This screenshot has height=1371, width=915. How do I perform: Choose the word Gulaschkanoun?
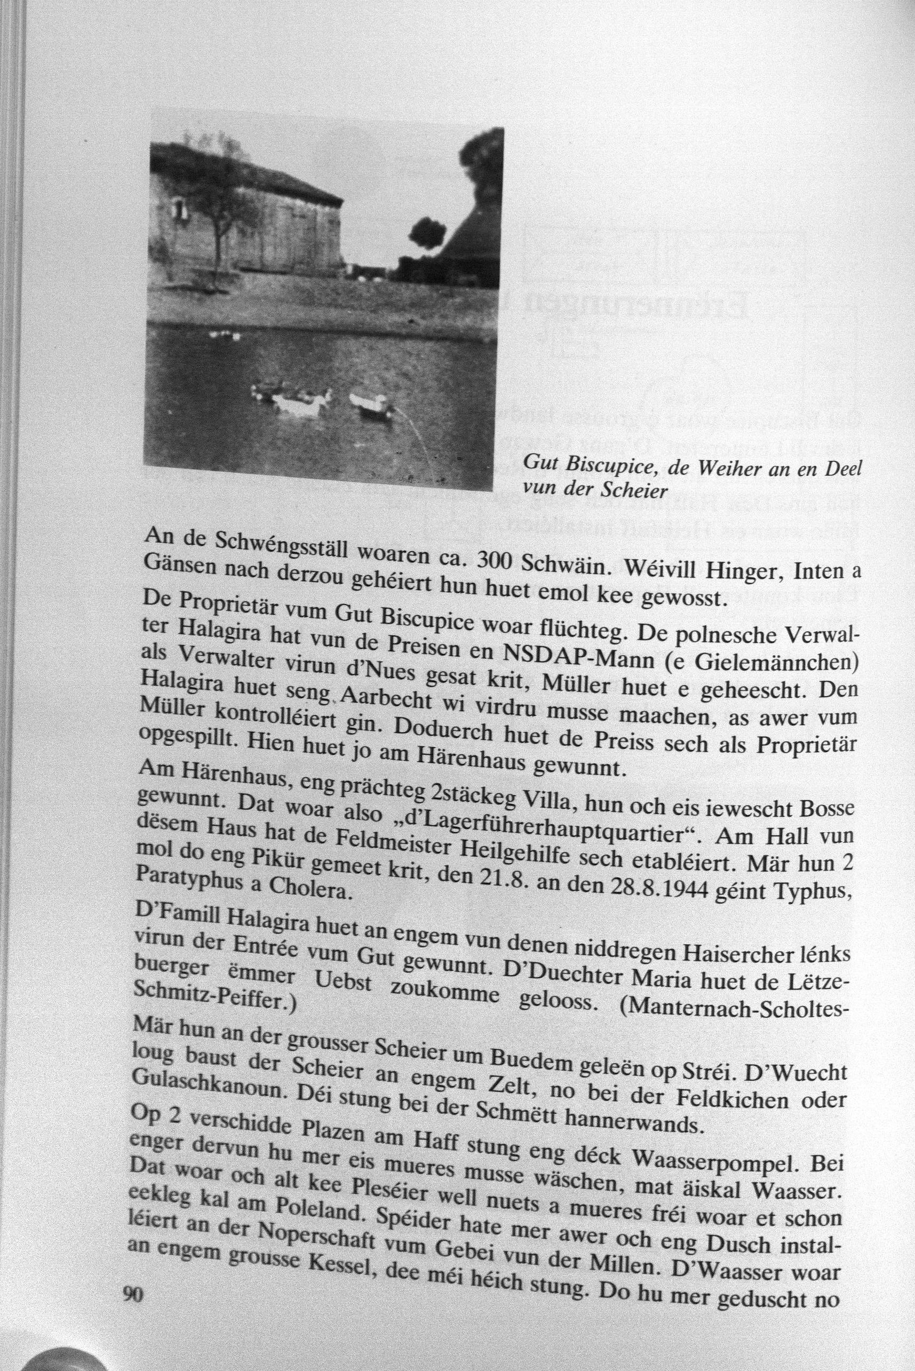pyautogui.click(x=208, y=1094)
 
